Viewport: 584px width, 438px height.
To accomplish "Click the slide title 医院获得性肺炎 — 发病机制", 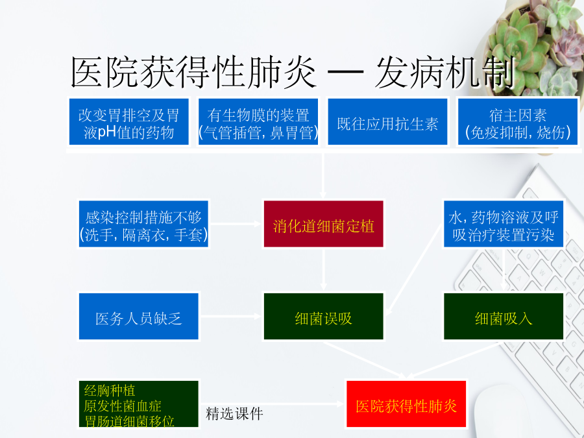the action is (x=293, y=72).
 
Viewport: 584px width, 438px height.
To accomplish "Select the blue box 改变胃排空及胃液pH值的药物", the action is (x=129, y=121).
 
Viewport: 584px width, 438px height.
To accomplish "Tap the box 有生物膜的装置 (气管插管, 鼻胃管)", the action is (x=258, y=121).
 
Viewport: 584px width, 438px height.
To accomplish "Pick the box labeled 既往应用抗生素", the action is (x=387, y=121).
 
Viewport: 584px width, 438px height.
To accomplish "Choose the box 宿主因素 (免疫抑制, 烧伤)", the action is (x=517, y=121).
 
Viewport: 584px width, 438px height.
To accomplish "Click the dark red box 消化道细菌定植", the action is (x=323, y=224).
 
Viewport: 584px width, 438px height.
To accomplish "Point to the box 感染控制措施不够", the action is (x=143, y=224).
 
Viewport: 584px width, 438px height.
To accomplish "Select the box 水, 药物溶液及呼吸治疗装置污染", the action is (x=503, y=224).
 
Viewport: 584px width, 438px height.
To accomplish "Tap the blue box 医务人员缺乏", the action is (x=139, y=316).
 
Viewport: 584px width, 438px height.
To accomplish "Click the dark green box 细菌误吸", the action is (x=323, y=316).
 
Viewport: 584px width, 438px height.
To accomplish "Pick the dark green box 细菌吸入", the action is (x=503, y=316).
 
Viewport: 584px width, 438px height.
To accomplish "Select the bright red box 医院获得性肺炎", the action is (x=406, y=404).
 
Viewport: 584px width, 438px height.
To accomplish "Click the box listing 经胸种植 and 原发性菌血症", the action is (x=139, y=404).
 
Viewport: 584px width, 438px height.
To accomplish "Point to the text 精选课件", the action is (x=234, y=414).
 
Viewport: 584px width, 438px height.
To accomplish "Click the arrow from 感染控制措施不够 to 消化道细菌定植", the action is (x=236, y=224).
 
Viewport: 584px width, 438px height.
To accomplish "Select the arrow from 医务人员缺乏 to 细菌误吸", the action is (x=231, y=316).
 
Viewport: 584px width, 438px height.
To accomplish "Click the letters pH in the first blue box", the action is (x=107, y=132).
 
